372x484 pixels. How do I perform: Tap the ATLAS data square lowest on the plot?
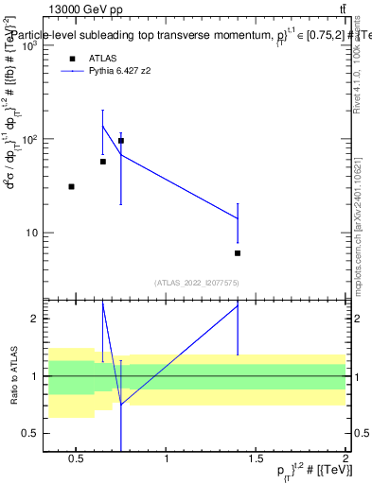click(x=238, y=253)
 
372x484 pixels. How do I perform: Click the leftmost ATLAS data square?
click(x=72, y=187)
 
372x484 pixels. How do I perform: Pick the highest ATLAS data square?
click(x=121, y=141)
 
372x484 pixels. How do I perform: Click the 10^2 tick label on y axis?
click(x=28, y=139)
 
